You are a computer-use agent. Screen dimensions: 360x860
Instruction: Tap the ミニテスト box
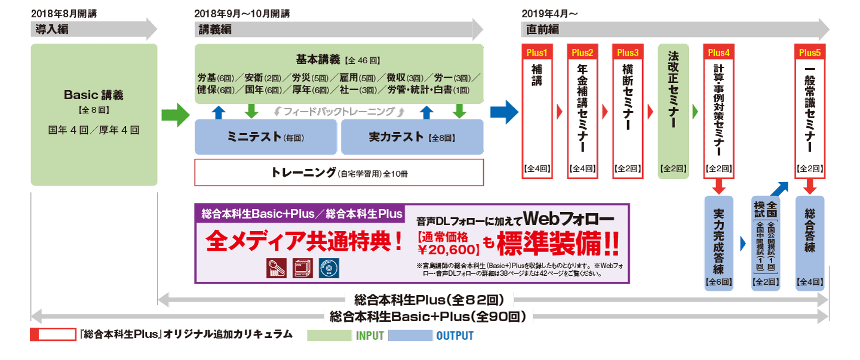[x=266, y=137]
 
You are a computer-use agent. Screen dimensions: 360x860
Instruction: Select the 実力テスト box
[x=411, y=137]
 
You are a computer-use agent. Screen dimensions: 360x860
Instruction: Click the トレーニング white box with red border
[x=339, y=173]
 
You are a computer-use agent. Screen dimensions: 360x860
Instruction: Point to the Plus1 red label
[x=536, y=53]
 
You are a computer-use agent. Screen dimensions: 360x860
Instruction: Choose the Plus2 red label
[x=582, y=53]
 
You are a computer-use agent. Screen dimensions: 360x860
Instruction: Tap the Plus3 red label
[x=628, y=53]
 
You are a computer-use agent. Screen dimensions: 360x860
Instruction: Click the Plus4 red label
[x=719, y=53]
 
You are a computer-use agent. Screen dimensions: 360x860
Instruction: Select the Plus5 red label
[x=810, y=53]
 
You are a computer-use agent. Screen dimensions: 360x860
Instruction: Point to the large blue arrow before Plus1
[x=504, y=112]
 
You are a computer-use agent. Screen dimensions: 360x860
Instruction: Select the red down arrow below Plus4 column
[x=719, y=186]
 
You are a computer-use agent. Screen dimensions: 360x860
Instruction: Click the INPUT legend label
[x=370, y=336]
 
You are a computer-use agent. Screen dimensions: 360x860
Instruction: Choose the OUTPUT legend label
[x=454, y=336]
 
